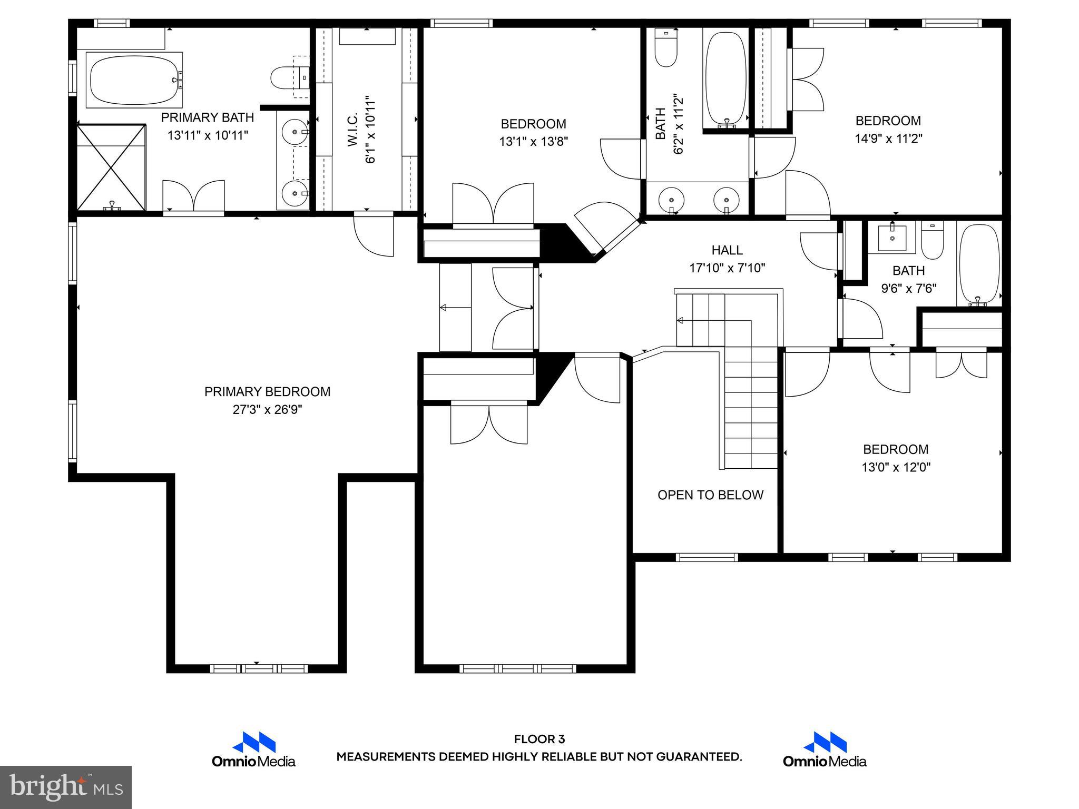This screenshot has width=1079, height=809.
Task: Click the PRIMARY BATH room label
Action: pos(207,117)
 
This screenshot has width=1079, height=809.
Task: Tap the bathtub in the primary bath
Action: pos(134,80)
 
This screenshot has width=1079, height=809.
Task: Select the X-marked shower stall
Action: pos(111,167)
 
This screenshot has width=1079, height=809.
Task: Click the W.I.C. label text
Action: pos(353,129)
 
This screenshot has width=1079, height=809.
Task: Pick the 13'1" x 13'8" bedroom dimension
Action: pos(533,142)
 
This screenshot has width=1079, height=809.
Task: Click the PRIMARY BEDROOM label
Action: pos(267,391)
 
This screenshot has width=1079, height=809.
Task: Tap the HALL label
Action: pos(727,250)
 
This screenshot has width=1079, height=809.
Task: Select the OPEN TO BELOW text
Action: pos(710,495)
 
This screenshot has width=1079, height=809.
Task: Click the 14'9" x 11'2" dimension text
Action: pos(888,139)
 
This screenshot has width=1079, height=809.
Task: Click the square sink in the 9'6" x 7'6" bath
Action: pos(892,238)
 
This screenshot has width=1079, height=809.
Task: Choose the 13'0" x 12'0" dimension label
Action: pos(895,467)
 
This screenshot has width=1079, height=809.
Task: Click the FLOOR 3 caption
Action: pos(539,739)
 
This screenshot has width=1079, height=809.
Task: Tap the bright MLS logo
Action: pos(66,787)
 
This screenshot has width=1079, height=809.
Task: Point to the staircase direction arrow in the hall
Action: pos(680,320)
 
